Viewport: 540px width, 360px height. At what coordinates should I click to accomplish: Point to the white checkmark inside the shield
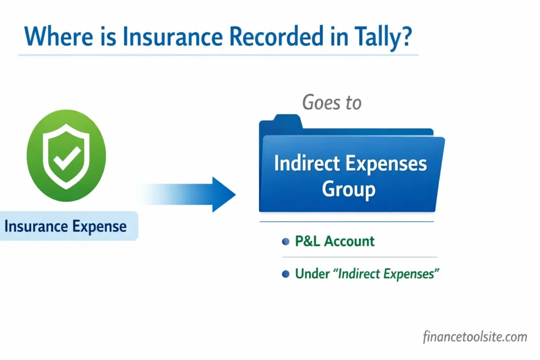coord(66,156)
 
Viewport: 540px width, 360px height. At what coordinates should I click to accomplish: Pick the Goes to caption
coord(332,102)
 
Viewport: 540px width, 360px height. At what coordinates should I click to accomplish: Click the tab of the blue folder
coord(281,123)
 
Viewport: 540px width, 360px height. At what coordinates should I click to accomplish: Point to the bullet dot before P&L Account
coord(286,241)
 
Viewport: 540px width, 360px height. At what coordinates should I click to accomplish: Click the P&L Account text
coord(335,241)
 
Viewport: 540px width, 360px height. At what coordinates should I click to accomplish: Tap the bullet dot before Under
coord(286,274)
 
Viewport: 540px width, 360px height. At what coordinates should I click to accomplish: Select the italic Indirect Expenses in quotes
coord(388,274)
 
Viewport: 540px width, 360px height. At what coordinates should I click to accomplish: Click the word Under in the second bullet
coord(311,274)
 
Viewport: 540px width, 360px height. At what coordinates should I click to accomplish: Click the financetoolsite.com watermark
coord(475,336)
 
